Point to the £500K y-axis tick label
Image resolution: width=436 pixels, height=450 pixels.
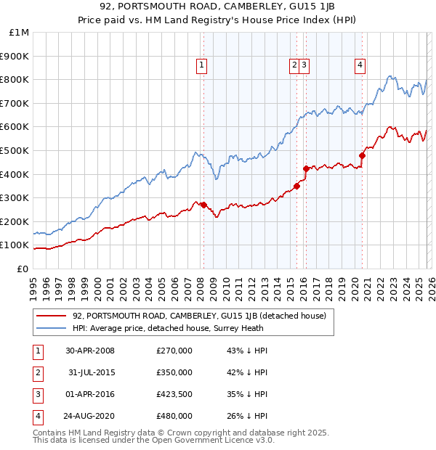(x=15, y=150)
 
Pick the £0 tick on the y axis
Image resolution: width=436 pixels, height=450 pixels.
(x=23, y=269)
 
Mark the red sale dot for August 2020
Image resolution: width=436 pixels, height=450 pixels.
(x=362, y=155)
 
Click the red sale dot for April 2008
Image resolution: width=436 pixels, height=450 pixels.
(x=203, y=205)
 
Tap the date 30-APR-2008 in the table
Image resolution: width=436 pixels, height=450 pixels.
(x=90, y=351)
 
